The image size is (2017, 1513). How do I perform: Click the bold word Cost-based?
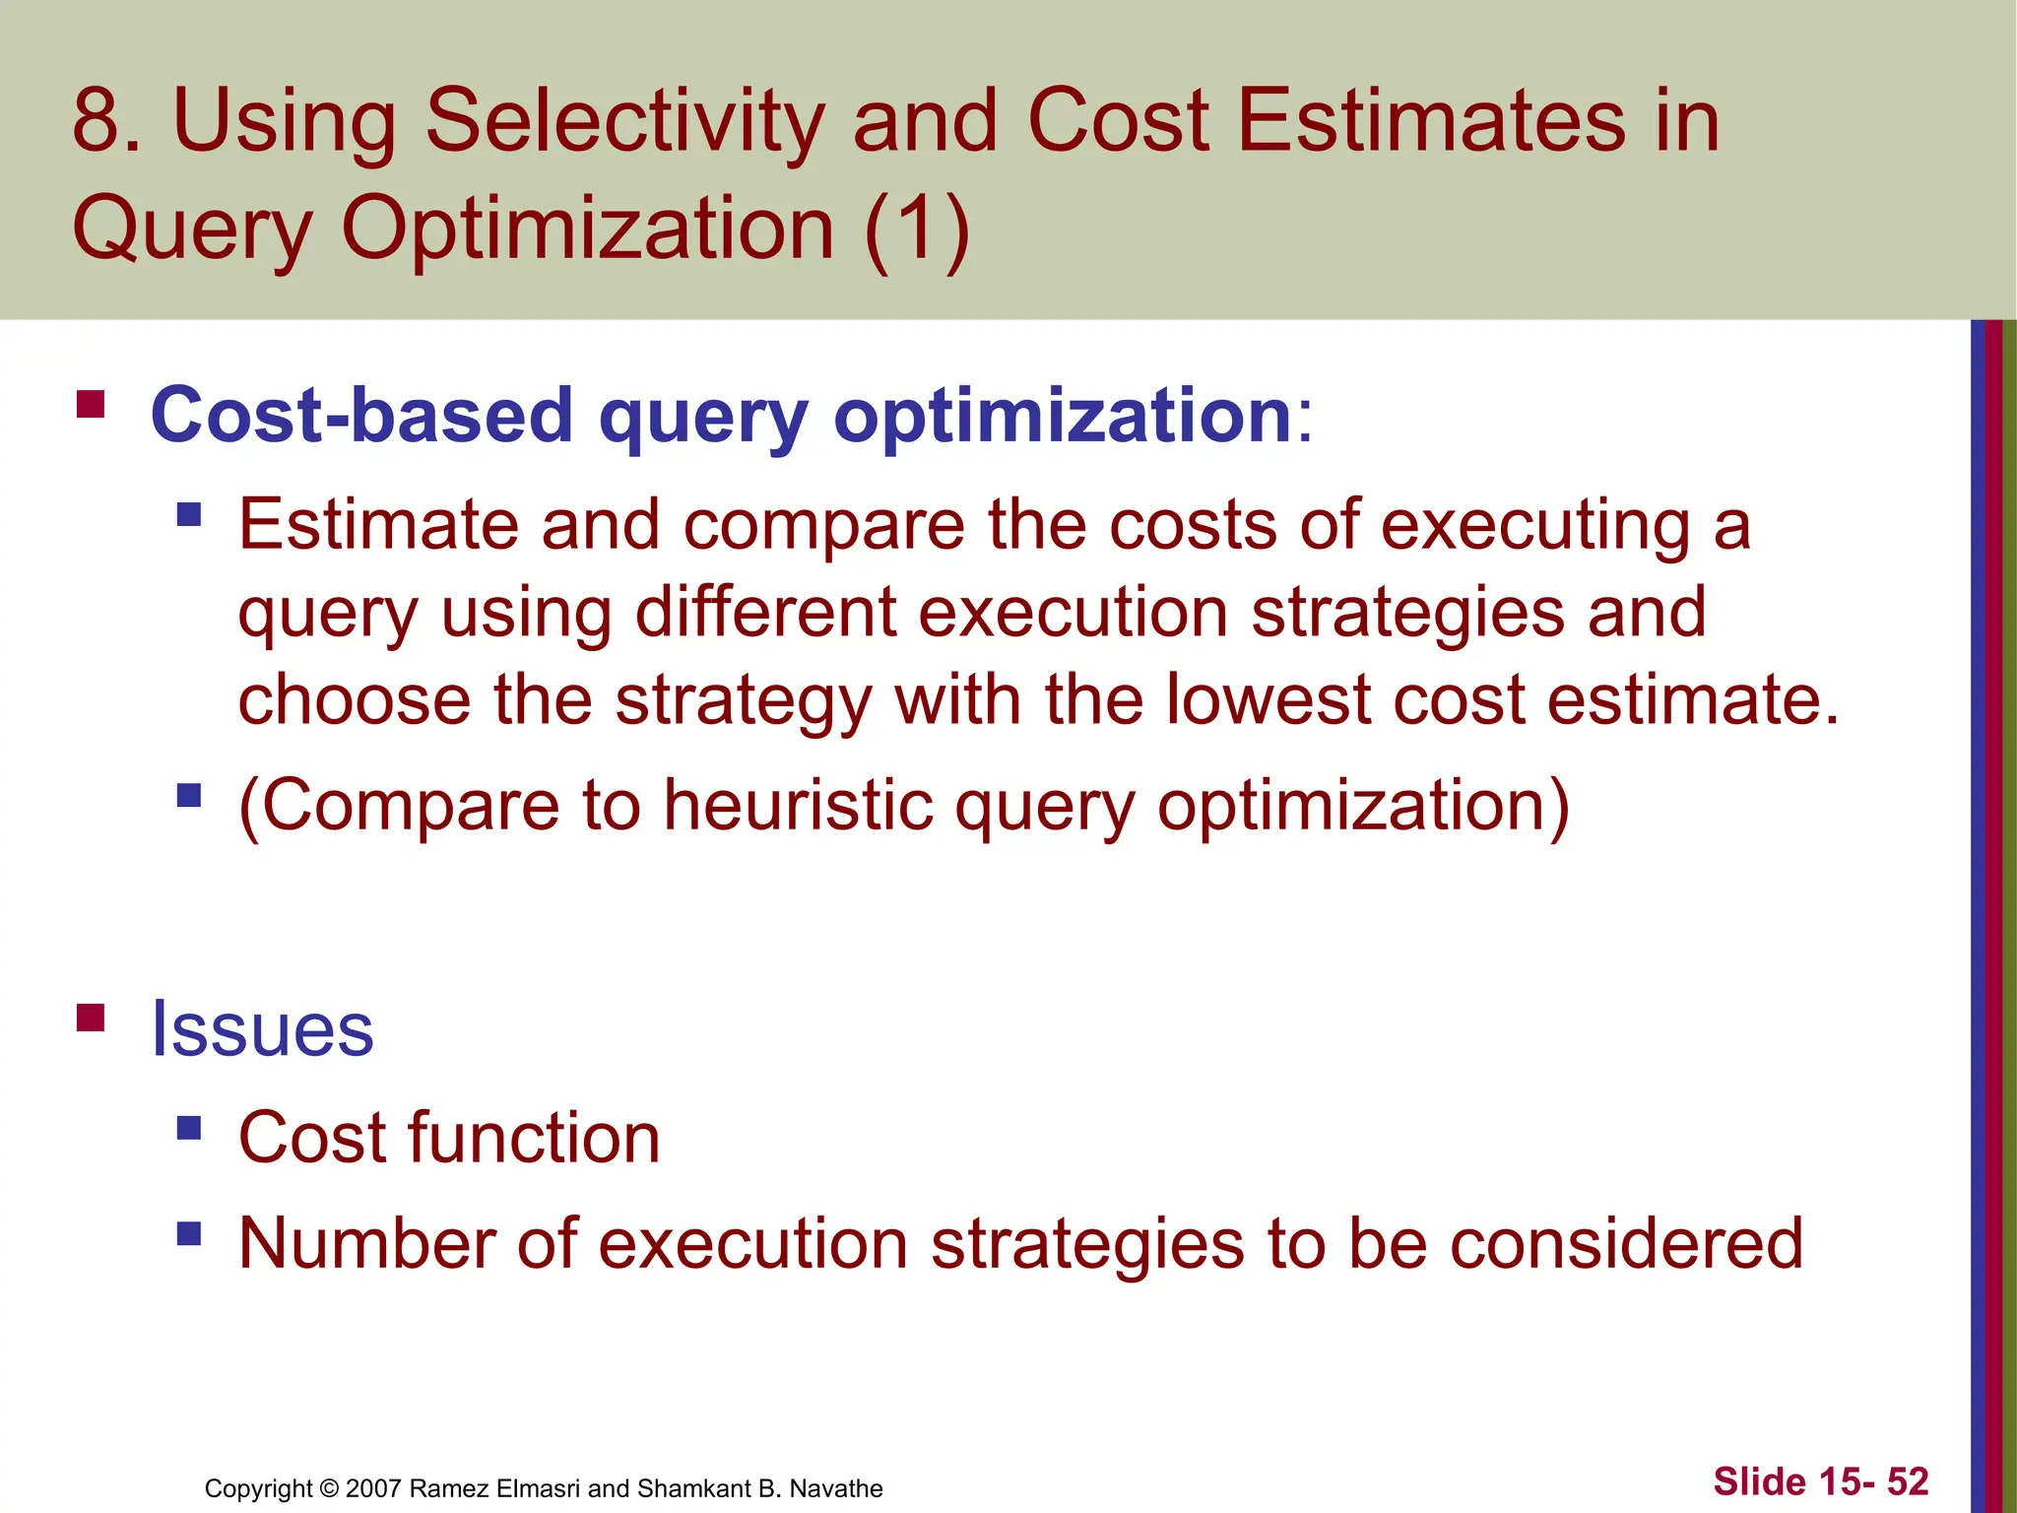tap(361, 416)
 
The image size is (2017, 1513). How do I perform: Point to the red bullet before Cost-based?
tap(91, 405)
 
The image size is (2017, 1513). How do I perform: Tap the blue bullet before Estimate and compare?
tap(189, 514)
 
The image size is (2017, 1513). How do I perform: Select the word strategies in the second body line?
tap(1406, 613)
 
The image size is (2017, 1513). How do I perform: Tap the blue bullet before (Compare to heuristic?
tap(189, 795)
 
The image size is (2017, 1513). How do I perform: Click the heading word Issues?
tap(262, 1029)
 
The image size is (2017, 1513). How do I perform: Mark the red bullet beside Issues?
tap(91, 1017)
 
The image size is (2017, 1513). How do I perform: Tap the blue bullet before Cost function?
tap(189, 1127)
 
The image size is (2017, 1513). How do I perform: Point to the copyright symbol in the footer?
tap(330, 1488)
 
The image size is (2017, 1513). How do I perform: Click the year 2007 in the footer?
tap(373, 1488)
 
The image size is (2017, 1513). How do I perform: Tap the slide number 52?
tap(1907, 1481)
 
